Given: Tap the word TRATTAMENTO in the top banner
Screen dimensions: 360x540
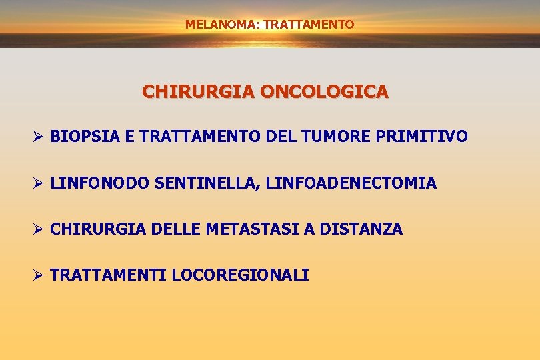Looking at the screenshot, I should (x=309, y=25).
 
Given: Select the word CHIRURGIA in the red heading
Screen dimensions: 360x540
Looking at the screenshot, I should (x=198, y=91).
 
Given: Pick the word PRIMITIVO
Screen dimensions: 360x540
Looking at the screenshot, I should (x=422, y=137).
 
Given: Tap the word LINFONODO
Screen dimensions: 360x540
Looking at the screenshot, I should (x=100, y=183).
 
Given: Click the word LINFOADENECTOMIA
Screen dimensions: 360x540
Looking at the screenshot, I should (x=351, y=183).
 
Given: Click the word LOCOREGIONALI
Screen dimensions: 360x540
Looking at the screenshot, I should (x=240, y=275).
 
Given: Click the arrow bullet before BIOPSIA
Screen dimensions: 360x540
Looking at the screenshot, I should (x=38, y=137).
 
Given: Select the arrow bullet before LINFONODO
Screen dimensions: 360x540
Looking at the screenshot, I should (x=38, y=183).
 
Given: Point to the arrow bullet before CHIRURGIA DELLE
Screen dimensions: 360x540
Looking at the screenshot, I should (x=38, y=229).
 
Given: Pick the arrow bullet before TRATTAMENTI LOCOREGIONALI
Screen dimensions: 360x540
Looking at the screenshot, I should (x=38, y=275).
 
